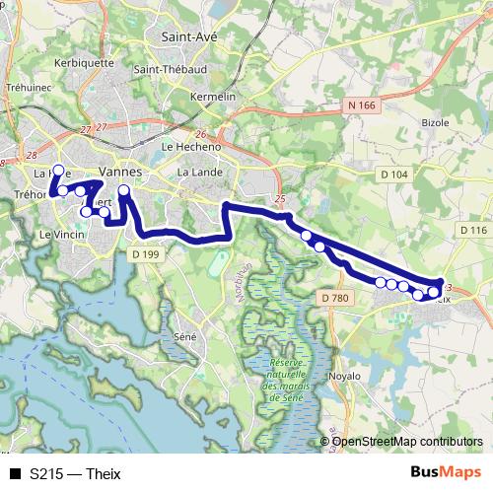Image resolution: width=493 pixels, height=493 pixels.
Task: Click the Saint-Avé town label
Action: (188, 36)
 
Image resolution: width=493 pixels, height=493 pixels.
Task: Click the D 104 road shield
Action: (392, 175)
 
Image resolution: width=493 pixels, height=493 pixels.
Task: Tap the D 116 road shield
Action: (473, 230)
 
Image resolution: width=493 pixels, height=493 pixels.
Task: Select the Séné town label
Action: (183, 336)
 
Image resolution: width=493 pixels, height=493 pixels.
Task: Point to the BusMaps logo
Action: (446, 472)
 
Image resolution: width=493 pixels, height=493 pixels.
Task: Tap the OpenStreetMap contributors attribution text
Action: (408, 441)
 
